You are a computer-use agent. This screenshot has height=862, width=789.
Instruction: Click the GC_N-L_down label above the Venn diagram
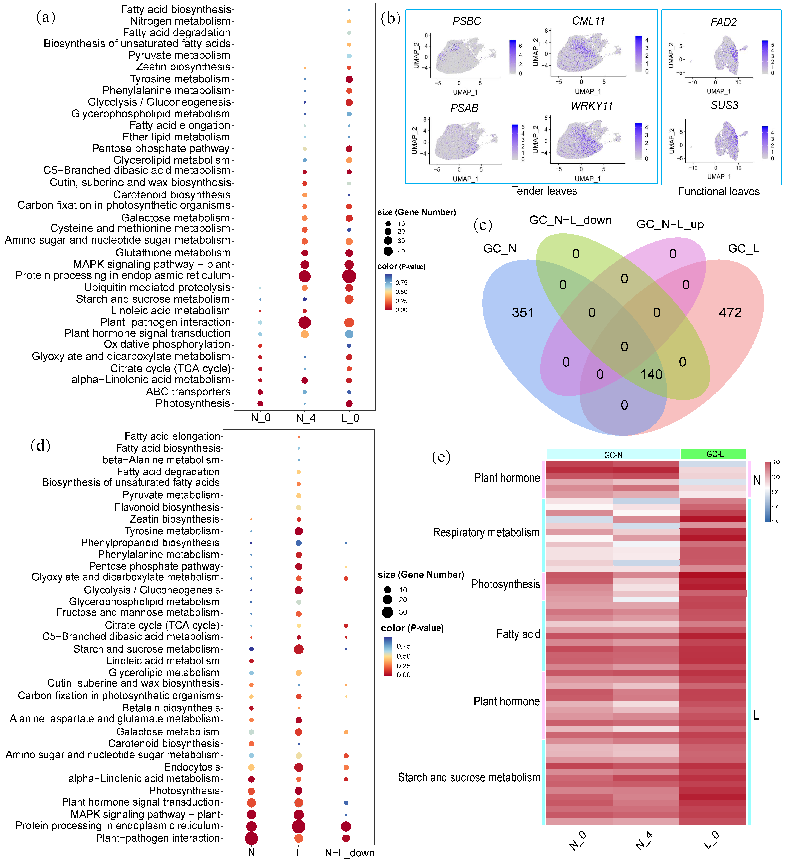tap(570, 220)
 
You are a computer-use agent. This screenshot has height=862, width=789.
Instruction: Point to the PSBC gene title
tap(466, 21)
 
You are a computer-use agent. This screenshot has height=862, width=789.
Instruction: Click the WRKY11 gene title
tap(591, 106)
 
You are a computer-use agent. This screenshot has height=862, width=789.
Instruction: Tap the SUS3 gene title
tap(724, 106)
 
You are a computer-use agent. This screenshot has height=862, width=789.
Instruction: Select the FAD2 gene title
tap(724, 22)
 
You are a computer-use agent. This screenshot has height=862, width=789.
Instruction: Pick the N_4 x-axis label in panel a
tap(305, 418)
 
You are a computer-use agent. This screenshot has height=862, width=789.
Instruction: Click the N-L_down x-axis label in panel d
tap(349, 853)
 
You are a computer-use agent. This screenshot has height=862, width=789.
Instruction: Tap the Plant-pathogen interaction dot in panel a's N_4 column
tap(304, 322)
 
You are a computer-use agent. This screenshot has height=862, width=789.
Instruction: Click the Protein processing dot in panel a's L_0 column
tap(349, 276)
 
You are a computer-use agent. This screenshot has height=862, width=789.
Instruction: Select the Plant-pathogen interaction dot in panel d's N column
tap(251, 838)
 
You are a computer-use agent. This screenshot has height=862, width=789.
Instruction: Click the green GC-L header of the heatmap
tap(713, 454)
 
